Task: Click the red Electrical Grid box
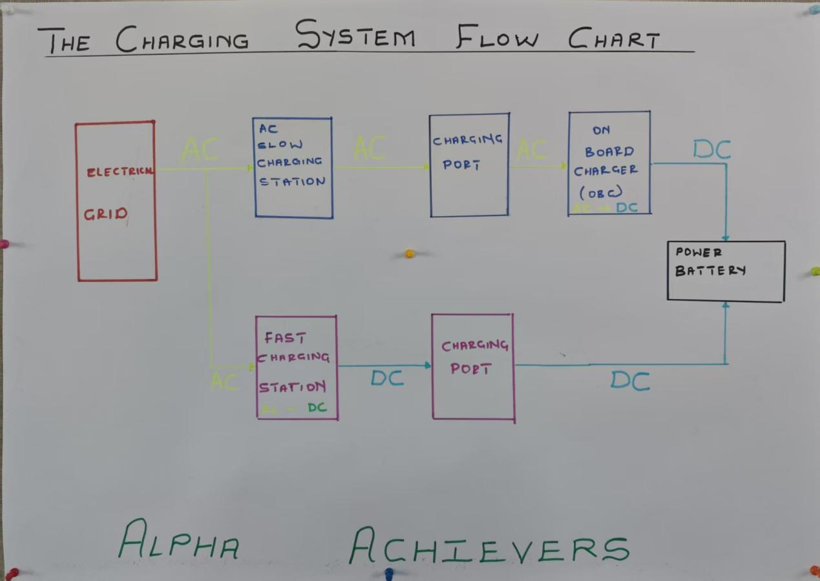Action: click(x=116, y=201)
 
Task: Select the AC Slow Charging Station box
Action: click(x=293, y=167)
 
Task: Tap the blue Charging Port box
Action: click(x=469, y=165)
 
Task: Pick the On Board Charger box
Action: click(x=609, y=163)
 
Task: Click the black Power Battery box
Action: click(x=726, y=271)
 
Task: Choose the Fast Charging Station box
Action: click(x=297, y=367)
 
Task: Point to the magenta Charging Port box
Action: click(x=472, y=367)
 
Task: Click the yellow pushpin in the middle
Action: click(x=409, y=254)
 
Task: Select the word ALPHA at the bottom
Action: click(x=179, y=540)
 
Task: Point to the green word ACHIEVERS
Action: click(x=489, y=546)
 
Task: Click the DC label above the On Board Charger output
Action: click(x=711, y=150)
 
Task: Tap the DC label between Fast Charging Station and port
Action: click(x=387, y=378)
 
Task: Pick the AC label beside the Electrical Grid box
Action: click(x=200, y=150)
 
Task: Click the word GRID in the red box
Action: click(x=105, y=214)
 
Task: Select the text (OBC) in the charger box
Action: click(x=601, y=192)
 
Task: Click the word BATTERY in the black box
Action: click(x=710, y=270)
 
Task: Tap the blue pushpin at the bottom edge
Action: click(x=389, y=573)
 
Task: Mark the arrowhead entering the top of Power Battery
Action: click(x=726, y=237)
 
